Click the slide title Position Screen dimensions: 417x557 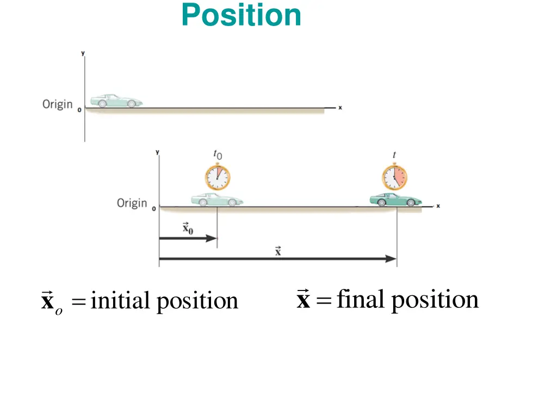(x=241, y=15)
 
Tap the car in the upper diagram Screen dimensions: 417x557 (x=116, y=100)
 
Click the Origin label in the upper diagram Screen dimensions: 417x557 (x=58, y=104)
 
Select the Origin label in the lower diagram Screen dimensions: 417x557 (x=132, y=203)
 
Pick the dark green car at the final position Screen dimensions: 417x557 (x=395, y=200)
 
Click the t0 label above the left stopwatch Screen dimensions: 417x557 (x=217, y=156)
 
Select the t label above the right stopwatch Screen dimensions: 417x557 (x=394, y=155)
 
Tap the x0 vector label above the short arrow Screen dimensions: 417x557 (x=188, y=228)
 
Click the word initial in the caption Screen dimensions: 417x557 (x=120, y=300)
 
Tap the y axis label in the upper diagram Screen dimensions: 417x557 (x=83, y=53)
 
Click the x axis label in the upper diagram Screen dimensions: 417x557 (x=340, y=108)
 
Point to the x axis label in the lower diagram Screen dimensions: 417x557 (x=438, y=206)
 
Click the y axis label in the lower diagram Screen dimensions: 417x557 (x=157, y=153)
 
